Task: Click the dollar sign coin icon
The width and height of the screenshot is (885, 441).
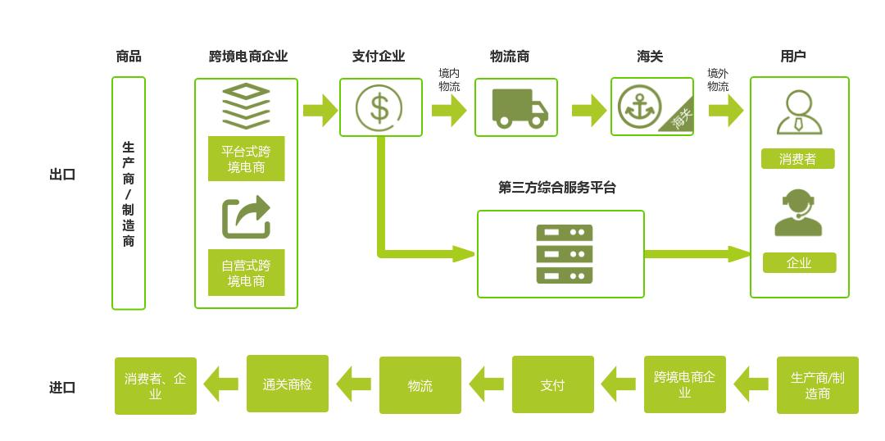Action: pos(379,107)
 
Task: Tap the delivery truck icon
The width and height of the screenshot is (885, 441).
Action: pos(519,108)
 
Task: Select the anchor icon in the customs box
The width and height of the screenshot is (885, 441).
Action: pos(638,107)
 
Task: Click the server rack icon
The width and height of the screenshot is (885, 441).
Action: pos(565,254)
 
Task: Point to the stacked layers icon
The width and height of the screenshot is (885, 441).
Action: pos(246,106)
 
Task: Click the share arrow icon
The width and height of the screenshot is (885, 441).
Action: pos(246,217)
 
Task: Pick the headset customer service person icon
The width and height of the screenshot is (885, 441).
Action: pos(798,212)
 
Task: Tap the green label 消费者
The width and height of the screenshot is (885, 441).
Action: pos(797,159)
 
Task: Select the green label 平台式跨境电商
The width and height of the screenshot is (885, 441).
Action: pos(246,159)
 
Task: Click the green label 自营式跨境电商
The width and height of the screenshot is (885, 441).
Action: pos(246,273)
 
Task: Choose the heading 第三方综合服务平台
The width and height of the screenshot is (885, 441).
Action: pos(557,188)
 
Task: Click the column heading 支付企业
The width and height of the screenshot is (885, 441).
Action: pos(379,57)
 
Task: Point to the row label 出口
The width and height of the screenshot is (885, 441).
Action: pos(62,175)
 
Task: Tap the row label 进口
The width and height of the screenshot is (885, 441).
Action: pos(62,388)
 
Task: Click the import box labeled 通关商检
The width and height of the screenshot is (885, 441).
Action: pos(287,384)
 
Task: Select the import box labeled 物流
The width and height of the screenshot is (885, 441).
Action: pos(420,385)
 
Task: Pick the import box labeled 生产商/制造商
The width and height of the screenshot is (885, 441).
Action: pos(817,385)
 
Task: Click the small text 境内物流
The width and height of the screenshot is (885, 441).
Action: pos(449,80)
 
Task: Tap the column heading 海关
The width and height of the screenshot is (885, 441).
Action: pos(650,57)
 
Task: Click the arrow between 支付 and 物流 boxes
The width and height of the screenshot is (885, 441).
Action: pos(487,384)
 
